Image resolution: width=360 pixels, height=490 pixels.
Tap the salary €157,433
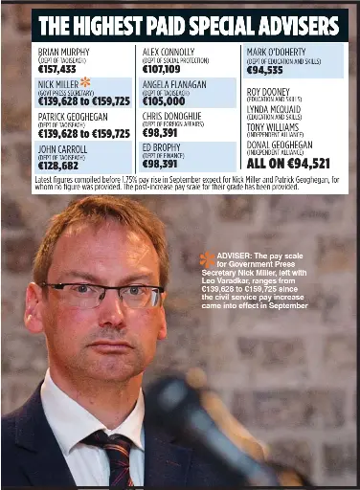pos(56,69)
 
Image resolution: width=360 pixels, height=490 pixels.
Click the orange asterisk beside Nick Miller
pos(85,82)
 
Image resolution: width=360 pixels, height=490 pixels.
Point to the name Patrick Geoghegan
pos(74,116)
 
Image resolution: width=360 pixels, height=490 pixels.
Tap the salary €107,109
pos(161,69)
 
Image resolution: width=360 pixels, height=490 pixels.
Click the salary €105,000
pos(162,100)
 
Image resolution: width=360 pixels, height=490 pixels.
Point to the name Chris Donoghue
pos(171,116)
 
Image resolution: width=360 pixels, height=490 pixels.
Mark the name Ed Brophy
pos(160,149)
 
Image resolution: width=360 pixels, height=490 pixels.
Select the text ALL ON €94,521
pos(288,165)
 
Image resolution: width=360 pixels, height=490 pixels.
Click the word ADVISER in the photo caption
pos(235,256)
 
